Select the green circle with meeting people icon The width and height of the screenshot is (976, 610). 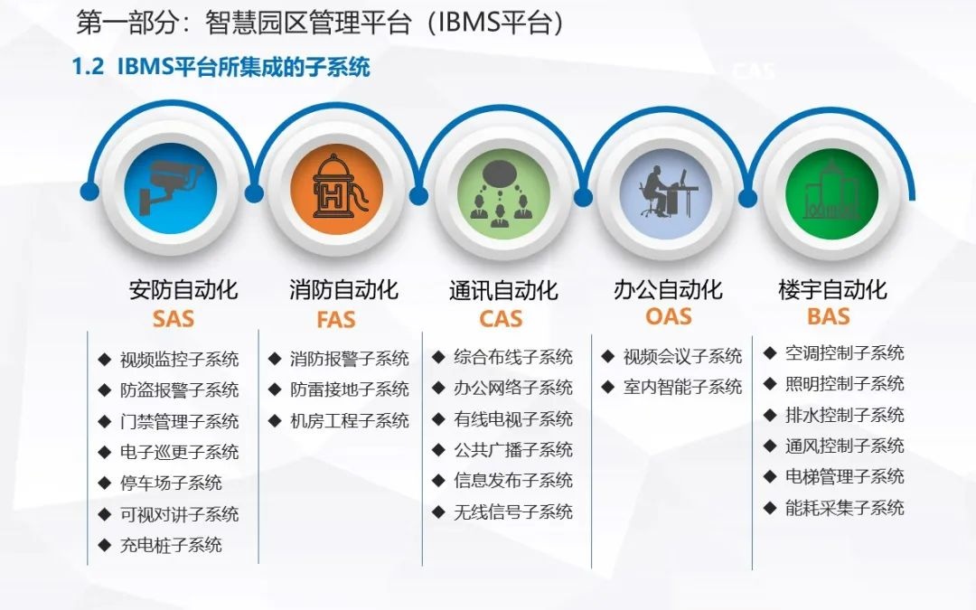point(500,192)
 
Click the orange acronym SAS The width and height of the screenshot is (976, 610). point(173,319)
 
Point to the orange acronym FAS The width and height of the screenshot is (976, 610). point(335,320)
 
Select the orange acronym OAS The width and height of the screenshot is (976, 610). point(669,316)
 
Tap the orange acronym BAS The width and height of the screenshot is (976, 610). point(829,316)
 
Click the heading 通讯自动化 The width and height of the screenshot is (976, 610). point(503,291)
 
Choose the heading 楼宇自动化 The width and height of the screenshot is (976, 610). point(832,290)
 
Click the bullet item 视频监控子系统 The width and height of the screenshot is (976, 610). point(179,360)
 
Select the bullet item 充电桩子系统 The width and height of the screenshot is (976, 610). point(171,545)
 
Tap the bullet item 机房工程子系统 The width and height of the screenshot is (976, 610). point(349,420)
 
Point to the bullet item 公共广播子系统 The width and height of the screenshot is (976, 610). point(513,449)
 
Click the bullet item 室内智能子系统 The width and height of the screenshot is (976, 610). point(682,387)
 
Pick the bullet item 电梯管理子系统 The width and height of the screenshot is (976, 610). point(844,476)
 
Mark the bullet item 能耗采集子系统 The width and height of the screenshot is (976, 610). point(844,508)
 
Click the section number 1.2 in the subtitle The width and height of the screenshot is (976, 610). point(88,69)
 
